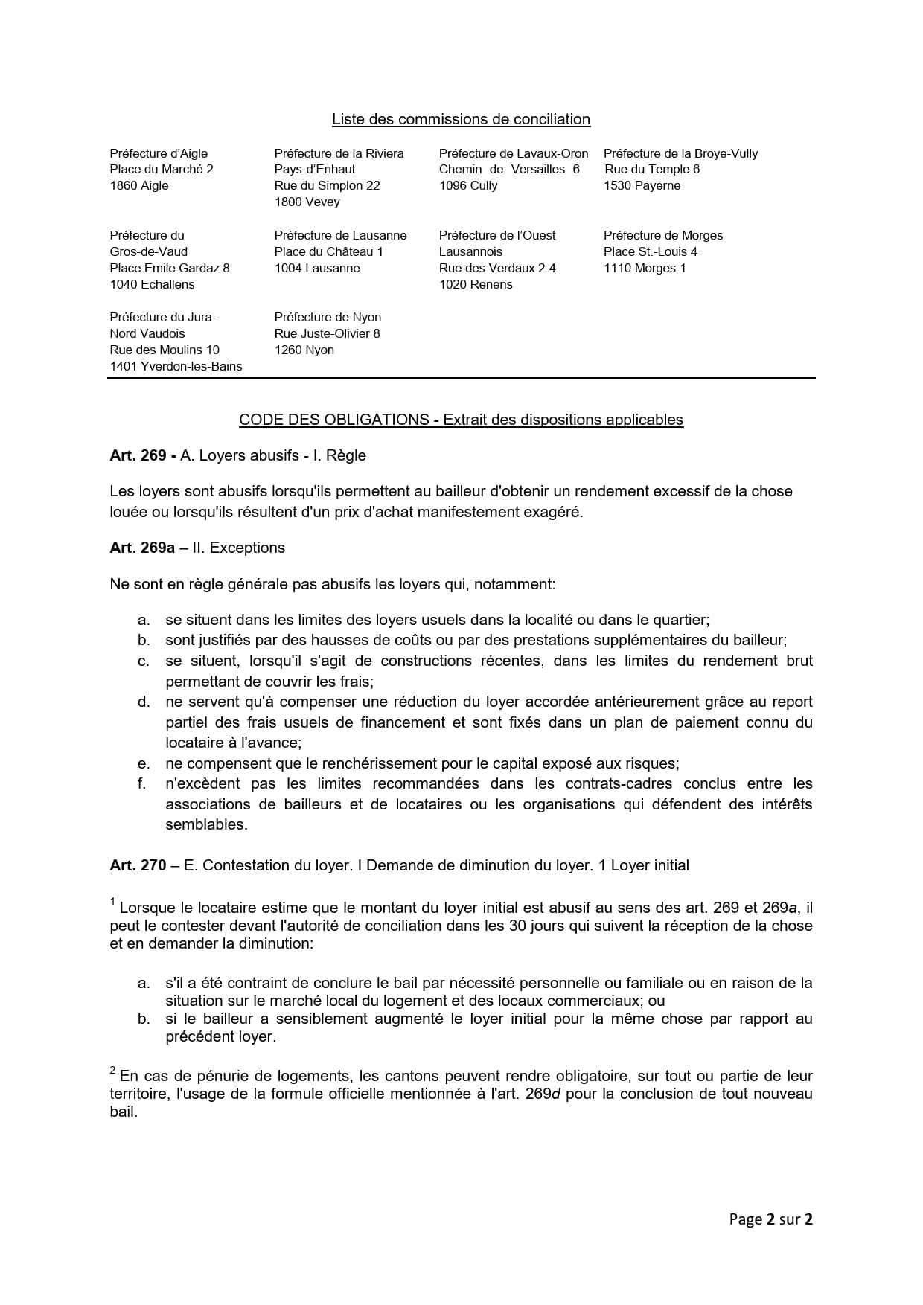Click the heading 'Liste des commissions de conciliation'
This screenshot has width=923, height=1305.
(461, 119)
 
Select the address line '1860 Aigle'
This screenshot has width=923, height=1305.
(139, 185)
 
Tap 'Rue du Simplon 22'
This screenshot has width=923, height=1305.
(327, 185)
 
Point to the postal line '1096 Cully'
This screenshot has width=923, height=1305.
(468, 185)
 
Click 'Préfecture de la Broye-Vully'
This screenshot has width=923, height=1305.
(680, 153)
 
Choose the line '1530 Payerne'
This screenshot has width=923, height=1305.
(642, 185)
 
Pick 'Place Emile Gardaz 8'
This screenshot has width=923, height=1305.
(170, 268)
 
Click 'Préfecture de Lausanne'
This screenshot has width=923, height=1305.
(340, 235)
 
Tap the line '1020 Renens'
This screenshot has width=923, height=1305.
(476, 284)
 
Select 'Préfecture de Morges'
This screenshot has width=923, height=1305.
(663, 235)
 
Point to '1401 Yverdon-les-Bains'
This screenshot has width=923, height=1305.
(176, 366)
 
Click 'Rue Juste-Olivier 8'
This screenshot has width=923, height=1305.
(327, 333)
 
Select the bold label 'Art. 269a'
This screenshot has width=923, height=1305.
(142, 548)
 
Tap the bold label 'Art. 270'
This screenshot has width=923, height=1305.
(138, 865)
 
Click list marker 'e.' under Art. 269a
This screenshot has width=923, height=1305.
(144, 763)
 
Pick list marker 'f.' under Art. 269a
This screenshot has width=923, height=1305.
(142, 783)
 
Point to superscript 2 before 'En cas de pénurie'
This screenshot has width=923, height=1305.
(113, 1071)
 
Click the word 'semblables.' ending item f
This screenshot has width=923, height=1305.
(206, 824)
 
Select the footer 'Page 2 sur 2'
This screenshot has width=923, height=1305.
(770, 1219)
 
